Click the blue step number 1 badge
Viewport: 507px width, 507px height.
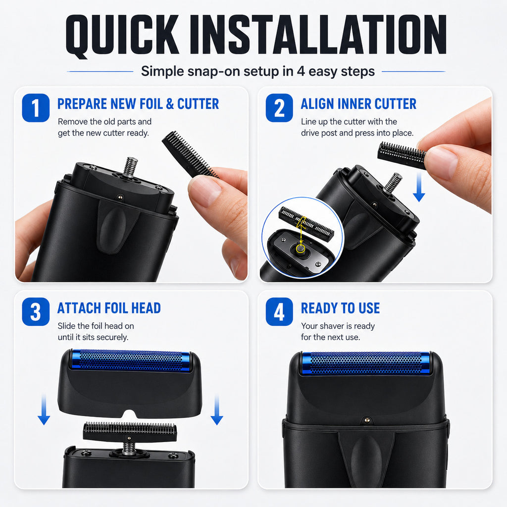coord(36,107)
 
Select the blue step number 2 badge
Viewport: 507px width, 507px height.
coord(279,107)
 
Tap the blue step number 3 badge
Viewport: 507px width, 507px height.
coord(36,312)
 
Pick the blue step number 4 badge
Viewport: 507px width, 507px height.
coord(279,312)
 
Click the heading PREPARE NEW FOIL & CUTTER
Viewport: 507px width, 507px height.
coord(138,104)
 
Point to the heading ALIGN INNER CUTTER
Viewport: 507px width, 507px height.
coord(358,104)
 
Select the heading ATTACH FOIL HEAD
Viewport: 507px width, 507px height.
coord(109,308)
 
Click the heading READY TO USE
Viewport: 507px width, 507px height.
coord(341,308)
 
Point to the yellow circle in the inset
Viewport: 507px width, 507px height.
coord(301,249)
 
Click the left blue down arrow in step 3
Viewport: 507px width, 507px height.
coord(44,409)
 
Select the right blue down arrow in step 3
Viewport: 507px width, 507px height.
coord(217,409)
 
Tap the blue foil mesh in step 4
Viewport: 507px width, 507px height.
coord(366,363)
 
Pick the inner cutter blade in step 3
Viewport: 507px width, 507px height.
coord(130,432)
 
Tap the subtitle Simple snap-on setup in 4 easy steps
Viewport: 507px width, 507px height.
coord(257,71)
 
